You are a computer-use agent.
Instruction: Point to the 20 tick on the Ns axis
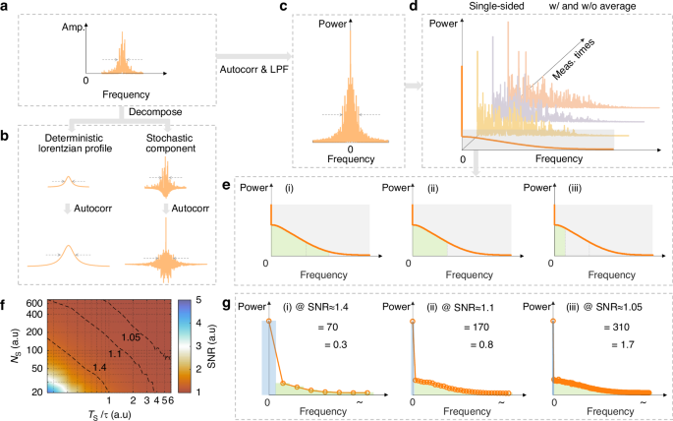pyautogui.click(x=34, y=391)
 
